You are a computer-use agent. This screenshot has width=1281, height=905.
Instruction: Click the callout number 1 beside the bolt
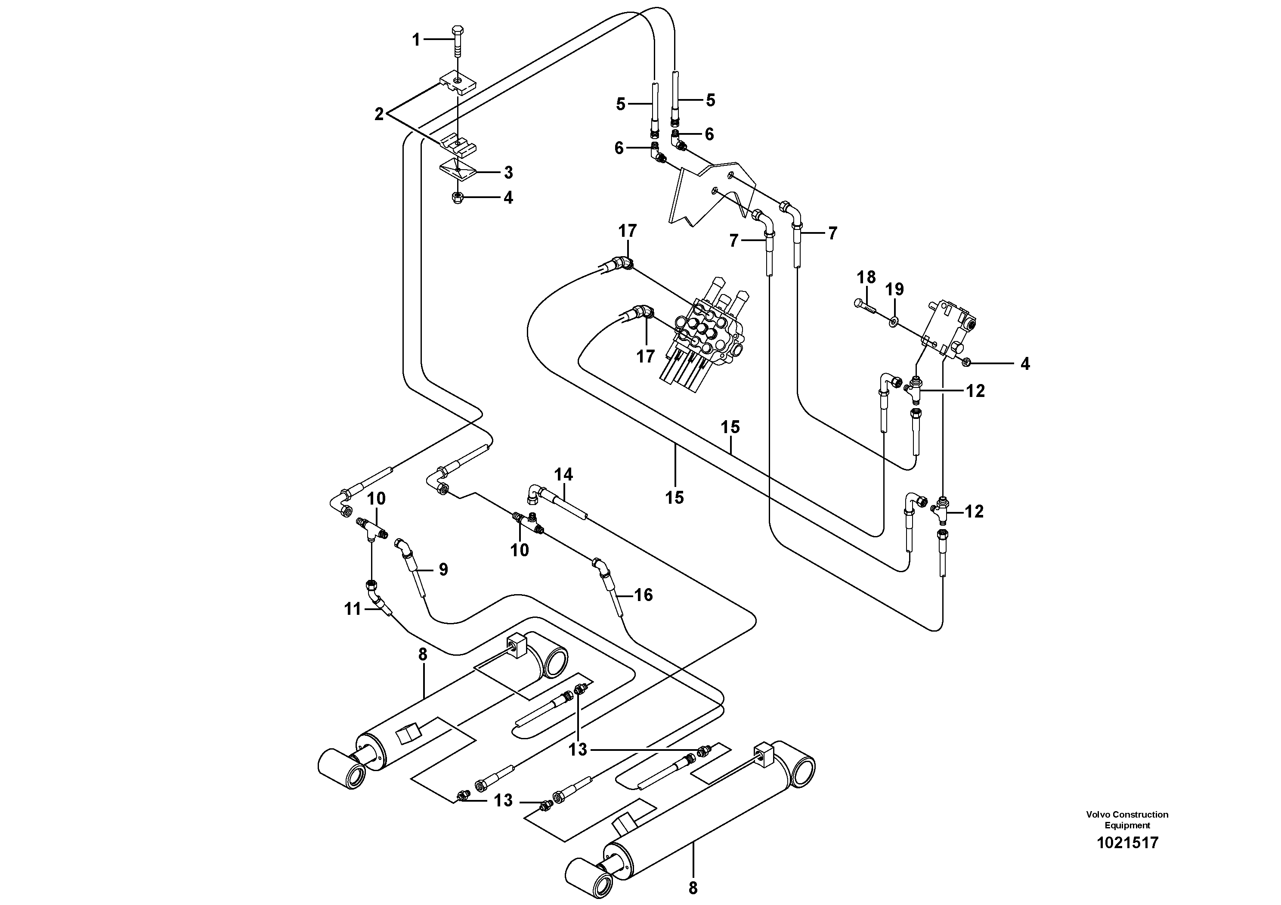tap(416, 40)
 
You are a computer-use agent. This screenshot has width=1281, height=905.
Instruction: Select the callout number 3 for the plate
tap(508, 173)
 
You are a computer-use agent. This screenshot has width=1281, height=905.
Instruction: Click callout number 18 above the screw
tap(866, 277)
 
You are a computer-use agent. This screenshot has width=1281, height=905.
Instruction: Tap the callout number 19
tap(894, 290)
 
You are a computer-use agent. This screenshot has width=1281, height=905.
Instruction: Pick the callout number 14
tap(563, 475)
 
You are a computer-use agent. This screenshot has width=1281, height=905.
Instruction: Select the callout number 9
tap(443, 569)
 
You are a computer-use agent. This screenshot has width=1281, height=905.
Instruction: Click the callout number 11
tap(353, 609)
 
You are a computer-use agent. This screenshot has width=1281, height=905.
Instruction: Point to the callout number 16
tap(643, 595)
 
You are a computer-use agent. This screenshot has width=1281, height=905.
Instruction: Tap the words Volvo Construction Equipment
tap(1127, 820)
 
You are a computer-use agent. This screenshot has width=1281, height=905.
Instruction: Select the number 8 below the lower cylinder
tap(693, 888)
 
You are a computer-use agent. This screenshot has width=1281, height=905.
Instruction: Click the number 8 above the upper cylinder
tap(422, 654)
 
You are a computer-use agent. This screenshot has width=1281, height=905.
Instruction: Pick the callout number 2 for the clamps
tap(379, 115)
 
